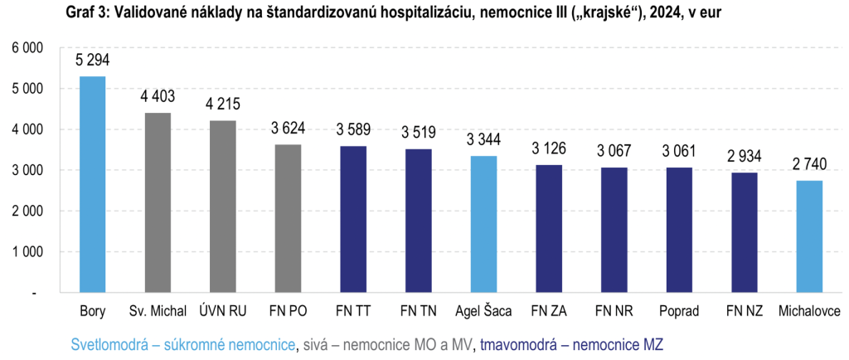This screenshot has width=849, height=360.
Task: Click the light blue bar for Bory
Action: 92,184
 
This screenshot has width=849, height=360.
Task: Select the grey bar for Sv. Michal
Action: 158,202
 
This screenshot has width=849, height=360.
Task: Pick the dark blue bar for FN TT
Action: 353,219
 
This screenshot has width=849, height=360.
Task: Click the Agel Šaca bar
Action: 483,224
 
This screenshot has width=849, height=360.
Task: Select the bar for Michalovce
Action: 809,236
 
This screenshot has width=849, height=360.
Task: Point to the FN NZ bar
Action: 744,232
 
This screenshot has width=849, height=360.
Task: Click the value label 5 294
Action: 92,61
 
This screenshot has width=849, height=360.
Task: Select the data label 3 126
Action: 549,149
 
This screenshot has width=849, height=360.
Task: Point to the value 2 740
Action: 809,165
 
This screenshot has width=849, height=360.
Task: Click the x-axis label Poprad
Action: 679,312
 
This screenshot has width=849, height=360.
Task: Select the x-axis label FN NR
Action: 614,312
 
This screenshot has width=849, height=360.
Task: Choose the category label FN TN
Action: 418,312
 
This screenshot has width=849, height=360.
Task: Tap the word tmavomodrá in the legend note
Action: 517,343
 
